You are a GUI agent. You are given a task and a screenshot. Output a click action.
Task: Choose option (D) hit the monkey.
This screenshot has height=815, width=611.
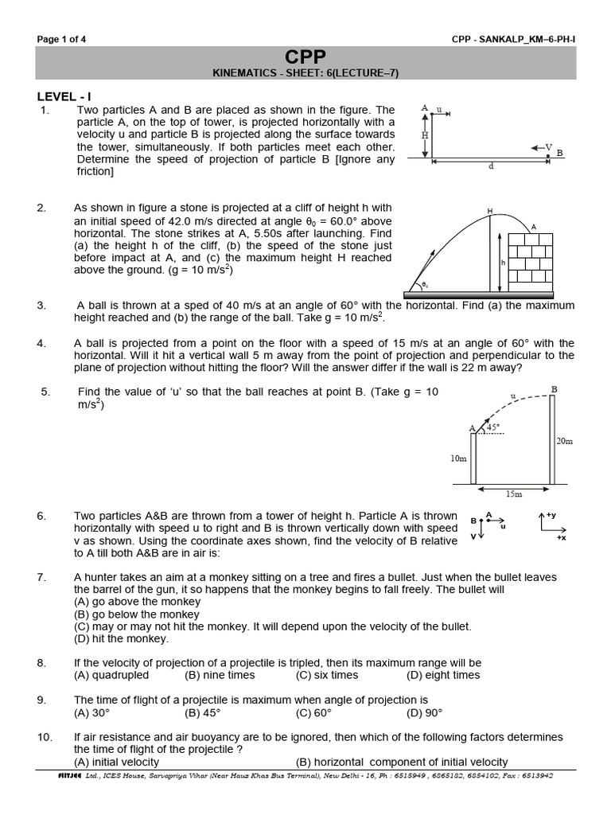click(121, 638)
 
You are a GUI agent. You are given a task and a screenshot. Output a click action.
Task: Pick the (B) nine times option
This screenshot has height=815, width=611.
click(220, 675)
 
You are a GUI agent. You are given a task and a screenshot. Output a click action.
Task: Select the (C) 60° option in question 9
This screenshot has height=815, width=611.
click(313, 712)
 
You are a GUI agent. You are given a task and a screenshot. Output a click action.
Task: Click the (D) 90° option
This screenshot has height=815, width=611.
click(424, 712)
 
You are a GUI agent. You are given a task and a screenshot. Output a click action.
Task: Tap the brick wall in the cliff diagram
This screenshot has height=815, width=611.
click(531, 257)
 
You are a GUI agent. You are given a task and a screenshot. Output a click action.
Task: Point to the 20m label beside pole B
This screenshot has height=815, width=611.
click(564, 441)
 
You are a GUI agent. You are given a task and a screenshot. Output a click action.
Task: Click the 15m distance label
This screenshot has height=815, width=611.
click(513, 494)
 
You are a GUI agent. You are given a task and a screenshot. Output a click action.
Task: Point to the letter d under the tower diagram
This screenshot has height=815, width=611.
click(491, 166)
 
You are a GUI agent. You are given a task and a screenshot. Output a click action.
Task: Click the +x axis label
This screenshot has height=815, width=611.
click(561, 538)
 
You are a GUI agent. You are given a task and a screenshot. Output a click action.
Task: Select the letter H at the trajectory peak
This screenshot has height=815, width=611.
click(490, 211)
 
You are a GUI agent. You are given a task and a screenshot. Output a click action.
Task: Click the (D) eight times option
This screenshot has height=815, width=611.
click(443, 675)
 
